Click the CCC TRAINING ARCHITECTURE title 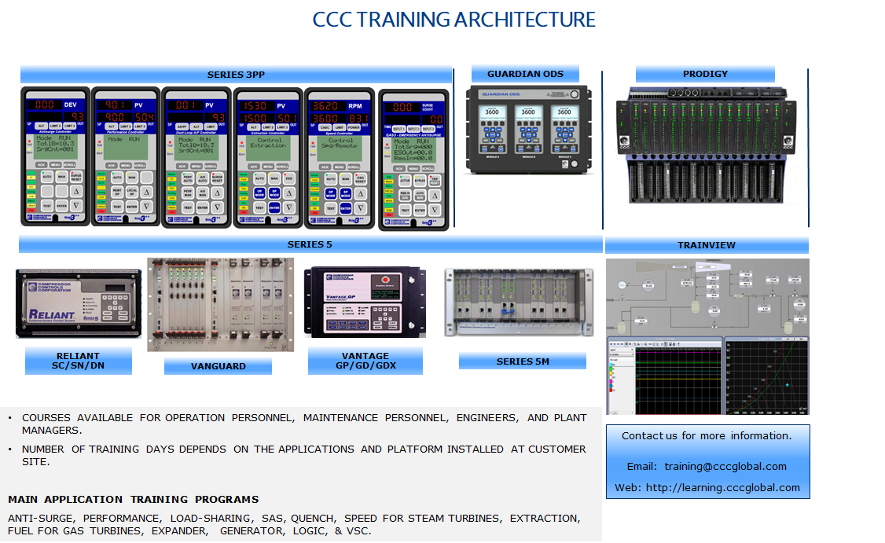[454, 20]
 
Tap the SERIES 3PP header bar [236, 75]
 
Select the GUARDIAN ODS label [525, 74]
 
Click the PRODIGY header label [705, 74]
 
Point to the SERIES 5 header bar [310, 244]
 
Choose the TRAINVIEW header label [707, 245]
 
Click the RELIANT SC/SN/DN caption [78, 361]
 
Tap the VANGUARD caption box [218, 366]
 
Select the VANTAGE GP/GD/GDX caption [365, 361]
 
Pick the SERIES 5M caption [523, 361]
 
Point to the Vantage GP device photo [365, 303]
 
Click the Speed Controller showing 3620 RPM [340, 157]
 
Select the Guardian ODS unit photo [525, 129]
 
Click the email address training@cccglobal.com [725, 467]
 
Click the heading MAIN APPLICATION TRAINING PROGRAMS [134, 500]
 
